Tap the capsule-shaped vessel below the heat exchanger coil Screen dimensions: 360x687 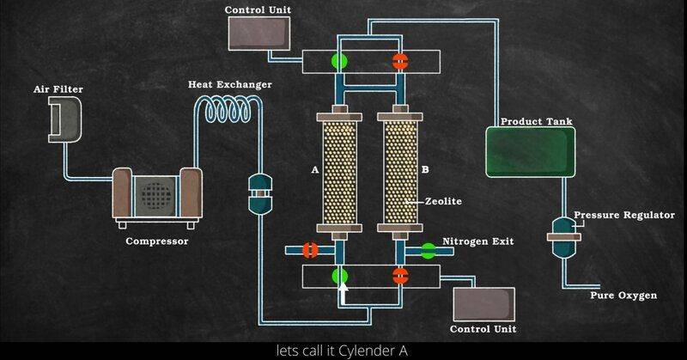pyautogui.click(x=258, y=194)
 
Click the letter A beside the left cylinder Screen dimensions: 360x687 pyautogui.click(x=315, y=170)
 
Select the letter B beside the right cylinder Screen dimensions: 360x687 pyautogui.click(x=424, y=170)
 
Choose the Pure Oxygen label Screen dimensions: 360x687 pyautogui.click(x=623, y=296)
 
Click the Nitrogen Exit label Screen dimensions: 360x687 pyautogui.click(x=477, y=241)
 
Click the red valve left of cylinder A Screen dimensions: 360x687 pyautogui.click(x=311, y=250)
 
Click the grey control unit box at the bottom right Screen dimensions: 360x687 pyautogui.click(x=483, y=303)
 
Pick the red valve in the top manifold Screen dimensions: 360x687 pyautogui.click(x=399, y=61)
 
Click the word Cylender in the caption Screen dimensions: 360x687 pyautogui.click(x=363, y=351)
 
